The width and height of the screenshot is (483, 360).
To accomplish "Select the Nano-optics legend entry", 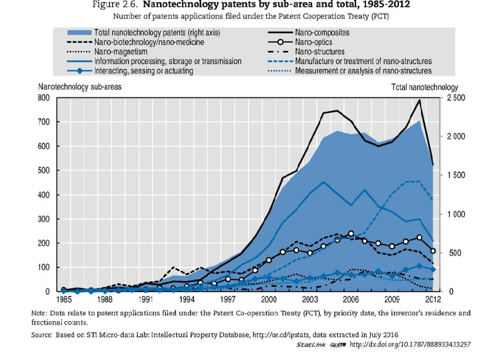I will click(x=313, y=42).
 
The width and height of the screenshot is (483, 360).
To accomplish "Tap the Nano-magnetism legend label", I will click(x=127, y=52).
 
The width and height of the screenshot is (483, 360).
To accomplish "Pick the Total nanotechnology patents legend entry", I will click(x=157, y=33).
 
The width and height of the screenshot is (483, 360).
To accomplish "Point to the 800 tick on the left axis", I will click(x=44, y=98).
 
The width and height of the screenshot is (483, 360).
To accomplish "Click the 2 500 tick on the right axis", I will click(x=456, y=98).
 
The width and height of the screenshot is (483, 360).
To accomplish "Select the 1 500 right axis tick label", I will click(x=456, y=175).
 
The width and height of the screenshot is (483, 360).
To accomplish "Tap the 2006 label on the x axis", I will click(x=350, y=300).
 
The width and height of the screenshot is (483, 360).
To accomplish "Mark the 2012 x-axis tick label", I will click(x=433, y=300).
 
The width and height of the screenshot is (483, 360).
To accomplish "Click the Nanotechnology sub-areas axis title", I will click(x=79, y=87).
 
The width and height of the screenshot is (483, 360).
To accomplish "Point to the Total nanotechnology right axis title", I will click(x=425, y=87).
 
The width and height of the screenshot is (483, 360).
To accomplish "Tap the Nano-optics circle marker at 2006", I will click(x=351, y=234).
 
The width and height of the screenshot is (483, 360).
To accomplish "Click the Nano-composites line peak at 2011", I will click(x=419, y=100).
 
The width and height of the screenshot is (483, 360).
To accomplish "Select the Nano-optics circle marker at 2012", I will click(x=433, y=251).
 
